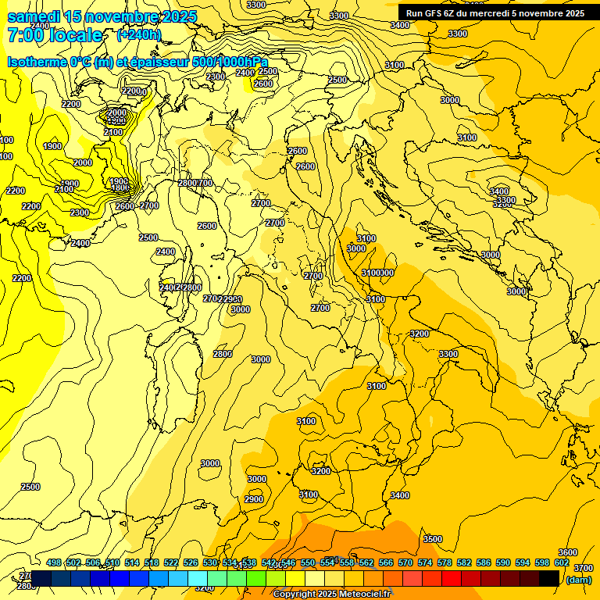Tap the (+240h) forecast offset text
pos(139,34)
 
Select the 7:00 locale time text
pos(55,35)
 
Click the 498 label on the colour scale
pos(54,562)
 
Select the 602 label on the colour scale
pos(562,562)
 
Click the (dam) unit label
pos(578,579)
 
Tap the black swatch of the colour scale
pos(549,578)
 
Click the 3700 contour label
pos(583,568)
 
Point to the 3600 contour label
pos(568,552)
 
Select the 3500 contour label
pos(432,539)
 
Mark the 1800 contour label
pos(120,187)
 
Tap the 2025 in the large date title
pos(173,16)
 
